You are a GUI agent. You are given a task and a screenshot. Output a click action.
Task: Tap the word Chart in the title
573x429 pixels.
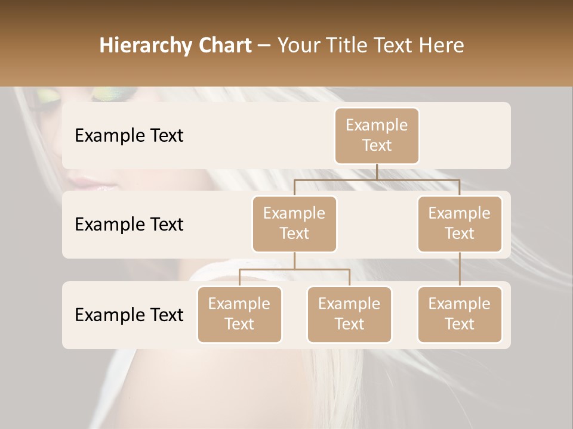224,45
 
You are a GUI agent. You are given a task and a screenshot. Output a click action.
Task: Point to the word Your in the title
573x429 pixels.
298,45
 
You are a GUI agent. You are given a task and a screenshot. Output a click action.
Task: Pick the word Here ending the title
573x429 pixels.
441,45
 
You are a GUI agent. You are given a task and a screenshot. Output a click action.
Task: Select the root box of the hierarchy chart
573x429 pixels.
377,135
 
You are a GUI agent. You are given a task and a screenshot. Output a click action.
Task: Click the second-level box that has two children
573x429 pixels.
294,223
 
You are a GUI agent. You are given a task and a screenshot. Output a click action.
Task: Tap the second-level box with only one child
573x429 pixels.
459,223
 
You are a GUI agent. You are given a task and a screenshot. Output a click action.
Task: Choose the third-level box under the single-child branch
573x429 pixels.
459,314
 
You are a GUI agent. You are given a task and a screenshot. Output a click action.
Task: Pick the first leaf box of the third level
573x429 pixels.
239,314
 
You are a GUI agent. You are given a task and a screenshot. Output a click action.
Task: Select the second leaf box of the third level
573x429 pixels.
349,314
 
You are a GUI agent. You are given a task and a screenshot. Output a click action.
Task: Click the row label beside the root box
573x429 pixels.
129,135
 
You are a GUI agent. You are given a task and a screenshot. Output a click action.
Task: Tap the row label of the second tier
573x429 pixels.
129,224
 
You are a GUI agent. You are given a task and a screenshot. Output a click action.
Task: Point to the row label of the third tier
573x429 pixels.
129,315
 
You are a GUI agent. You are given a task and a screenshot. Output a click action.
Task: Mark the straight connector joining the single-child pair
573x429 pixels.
459,269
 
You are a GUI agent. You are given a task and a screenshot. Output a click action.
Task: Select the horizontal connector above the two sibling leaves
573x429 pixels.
294,269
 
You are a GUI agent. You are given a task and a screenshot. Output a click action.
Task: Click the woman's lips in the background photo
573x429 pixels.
95,184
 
